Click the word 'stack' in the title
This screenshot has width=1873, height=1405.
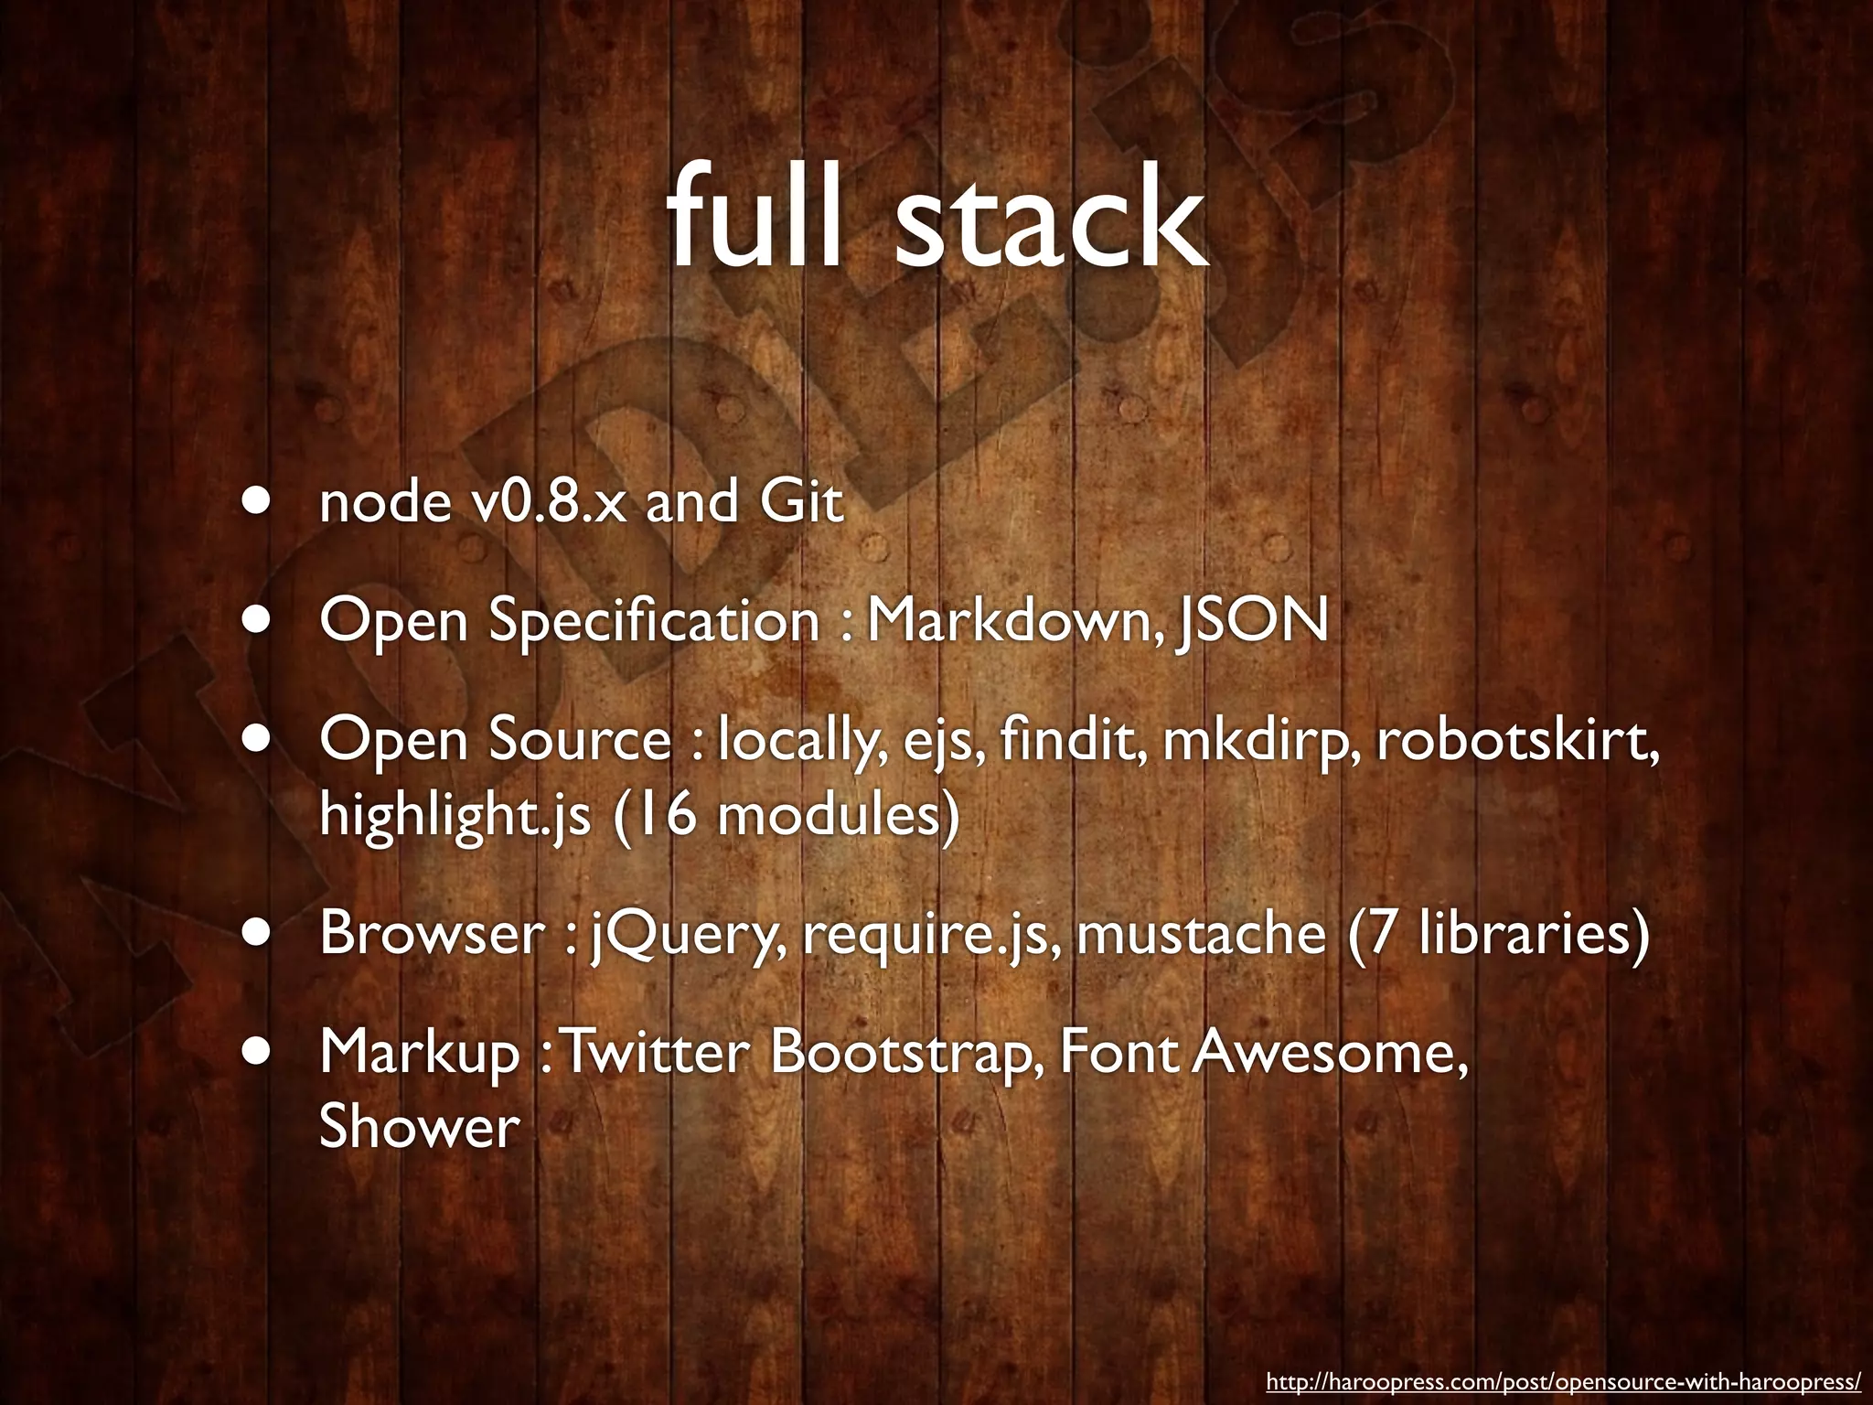(1051, 223)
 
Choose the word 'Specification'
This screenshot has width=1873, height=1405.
(654, 622)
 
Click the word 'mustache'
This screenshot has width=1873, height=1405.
(1200, 933)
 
